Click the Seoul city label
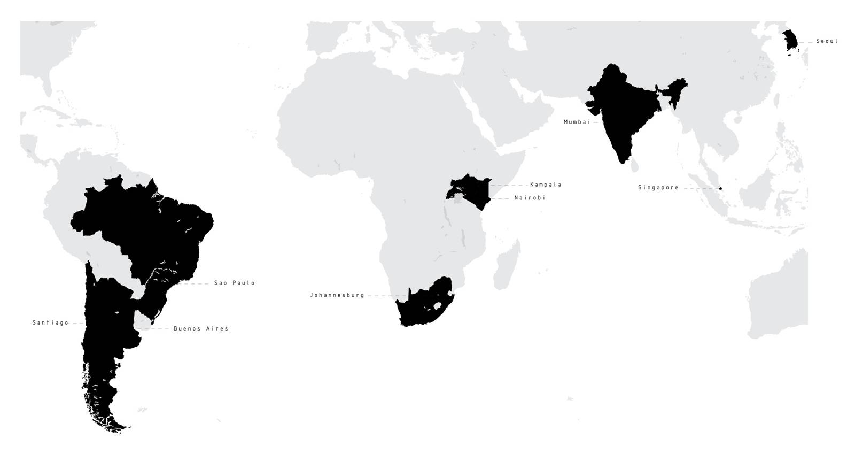pyautogui.click(x=827, y=41)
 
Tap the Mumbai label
pyautogui.click(x=577, y=122)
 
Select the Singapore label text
pyautogui.click(x=658, y=188)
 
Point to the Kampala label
pyautogui.click(x=546, y=185)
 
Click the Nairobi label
pyautogui.click(x=530, y=198)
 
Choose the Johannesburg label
pyautogui.click(x=337, y=295)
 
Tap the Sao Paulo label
pyautogui.click(x=235, y=283)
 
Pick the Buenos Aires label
pyautogui.click(x=201, y=329)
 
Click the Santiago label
pyautogui.click(x=50, y=323)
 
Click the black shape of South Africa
pyautogui.click(x=422, y=310)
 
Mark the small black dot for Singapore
pyautogui.click(x=720, y=188)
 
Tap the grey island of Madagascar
pyautogui.click(x=506, y=267)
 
